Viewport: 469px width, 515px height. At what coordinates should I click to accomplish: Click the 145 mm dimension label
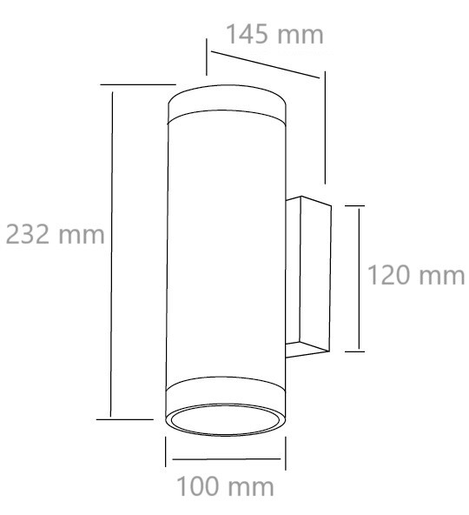click(274, 34)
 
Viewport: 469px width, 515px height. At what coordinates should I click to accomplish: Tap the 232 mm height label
click(55, 234)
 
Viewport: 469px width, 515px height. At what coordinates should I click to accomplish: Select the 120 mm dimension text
click(416, 275)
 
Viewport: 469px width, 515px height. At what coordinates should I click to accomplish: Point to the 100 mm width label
click(225, 486)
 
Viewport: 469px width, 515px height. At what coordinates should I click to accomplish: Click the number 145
click(247, 34)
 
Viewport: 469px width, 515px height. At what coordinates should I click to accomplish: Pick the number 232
click(28, 234)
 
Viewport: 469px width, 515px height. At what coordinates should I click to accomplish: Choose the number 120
click(389, 275)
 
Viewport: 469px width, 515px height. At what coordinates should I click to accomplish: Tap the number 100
click(198, 486)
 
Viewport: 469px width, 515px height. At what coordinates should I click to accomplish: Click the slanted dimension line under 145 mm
click(265, 64)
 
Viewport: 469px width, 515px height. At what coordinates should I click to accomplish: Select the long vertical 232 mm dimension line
click(111, 254)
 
